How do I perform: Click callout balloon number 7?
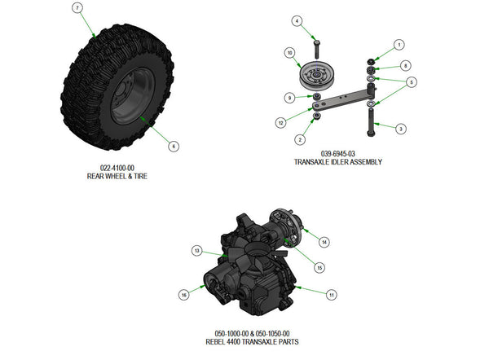(x=77, y=8)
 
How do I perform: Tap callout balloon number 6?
(x=174, y=147)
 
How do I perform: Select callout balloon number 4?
(x=297, y=20)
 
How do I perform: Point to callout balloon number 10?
(x=289, y=53)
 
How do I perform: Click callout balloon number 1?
(x=399, y=44)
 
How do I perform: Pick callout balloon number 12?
(x=280, y=122)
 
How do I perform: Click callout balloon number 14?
(x=324, y=242)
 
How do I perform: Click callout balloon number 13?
(x=196, y=250)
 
